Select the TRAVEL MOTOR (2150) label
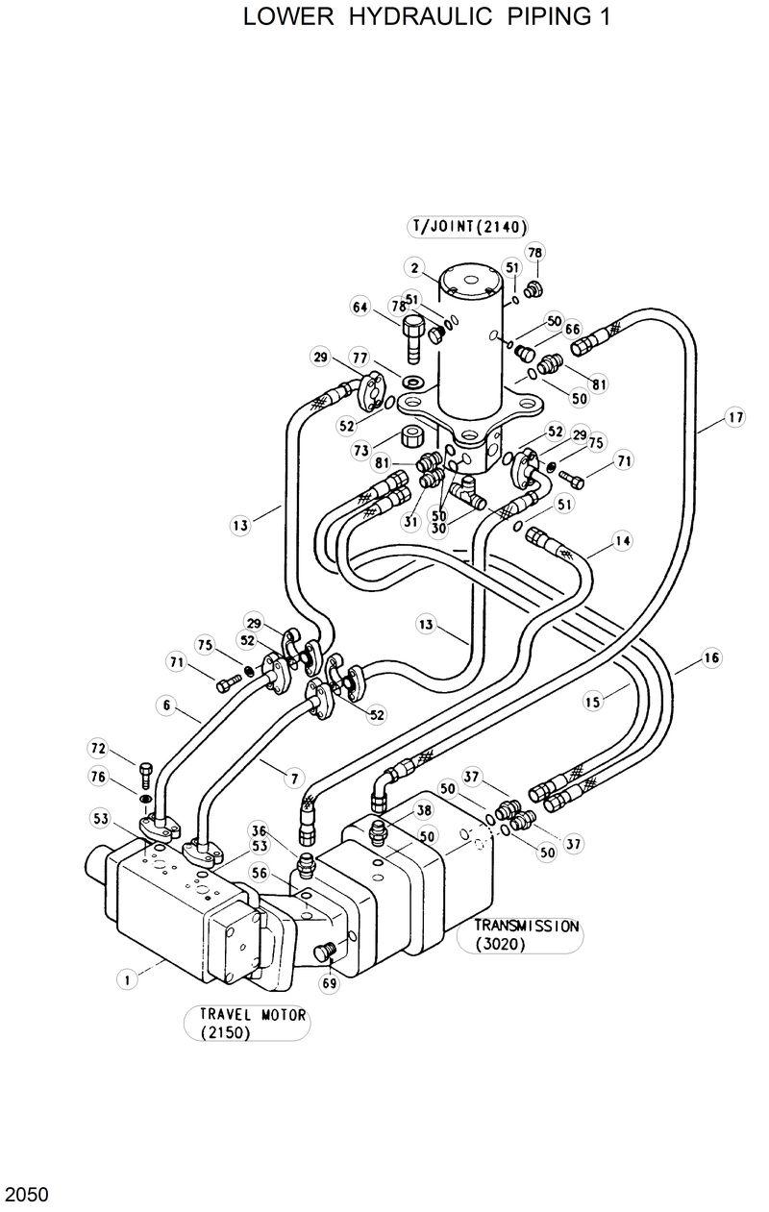[x=246, y=1024]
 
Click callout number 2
[x=414, y=267]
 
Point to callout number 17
[x=734, y=418]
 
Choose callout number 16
[x=710, y=658]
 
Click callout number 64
[x=360, y=308]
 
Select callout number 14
[x=623, y=541]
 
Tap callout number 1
[x=125, y=979]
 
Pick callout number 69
[x=329, y=983]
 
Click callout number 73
[x=360, y=450]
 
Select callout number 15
[x=592, y=703]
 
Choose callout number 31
[x=411, y=522]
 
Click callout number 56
[x=260, y=873]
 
